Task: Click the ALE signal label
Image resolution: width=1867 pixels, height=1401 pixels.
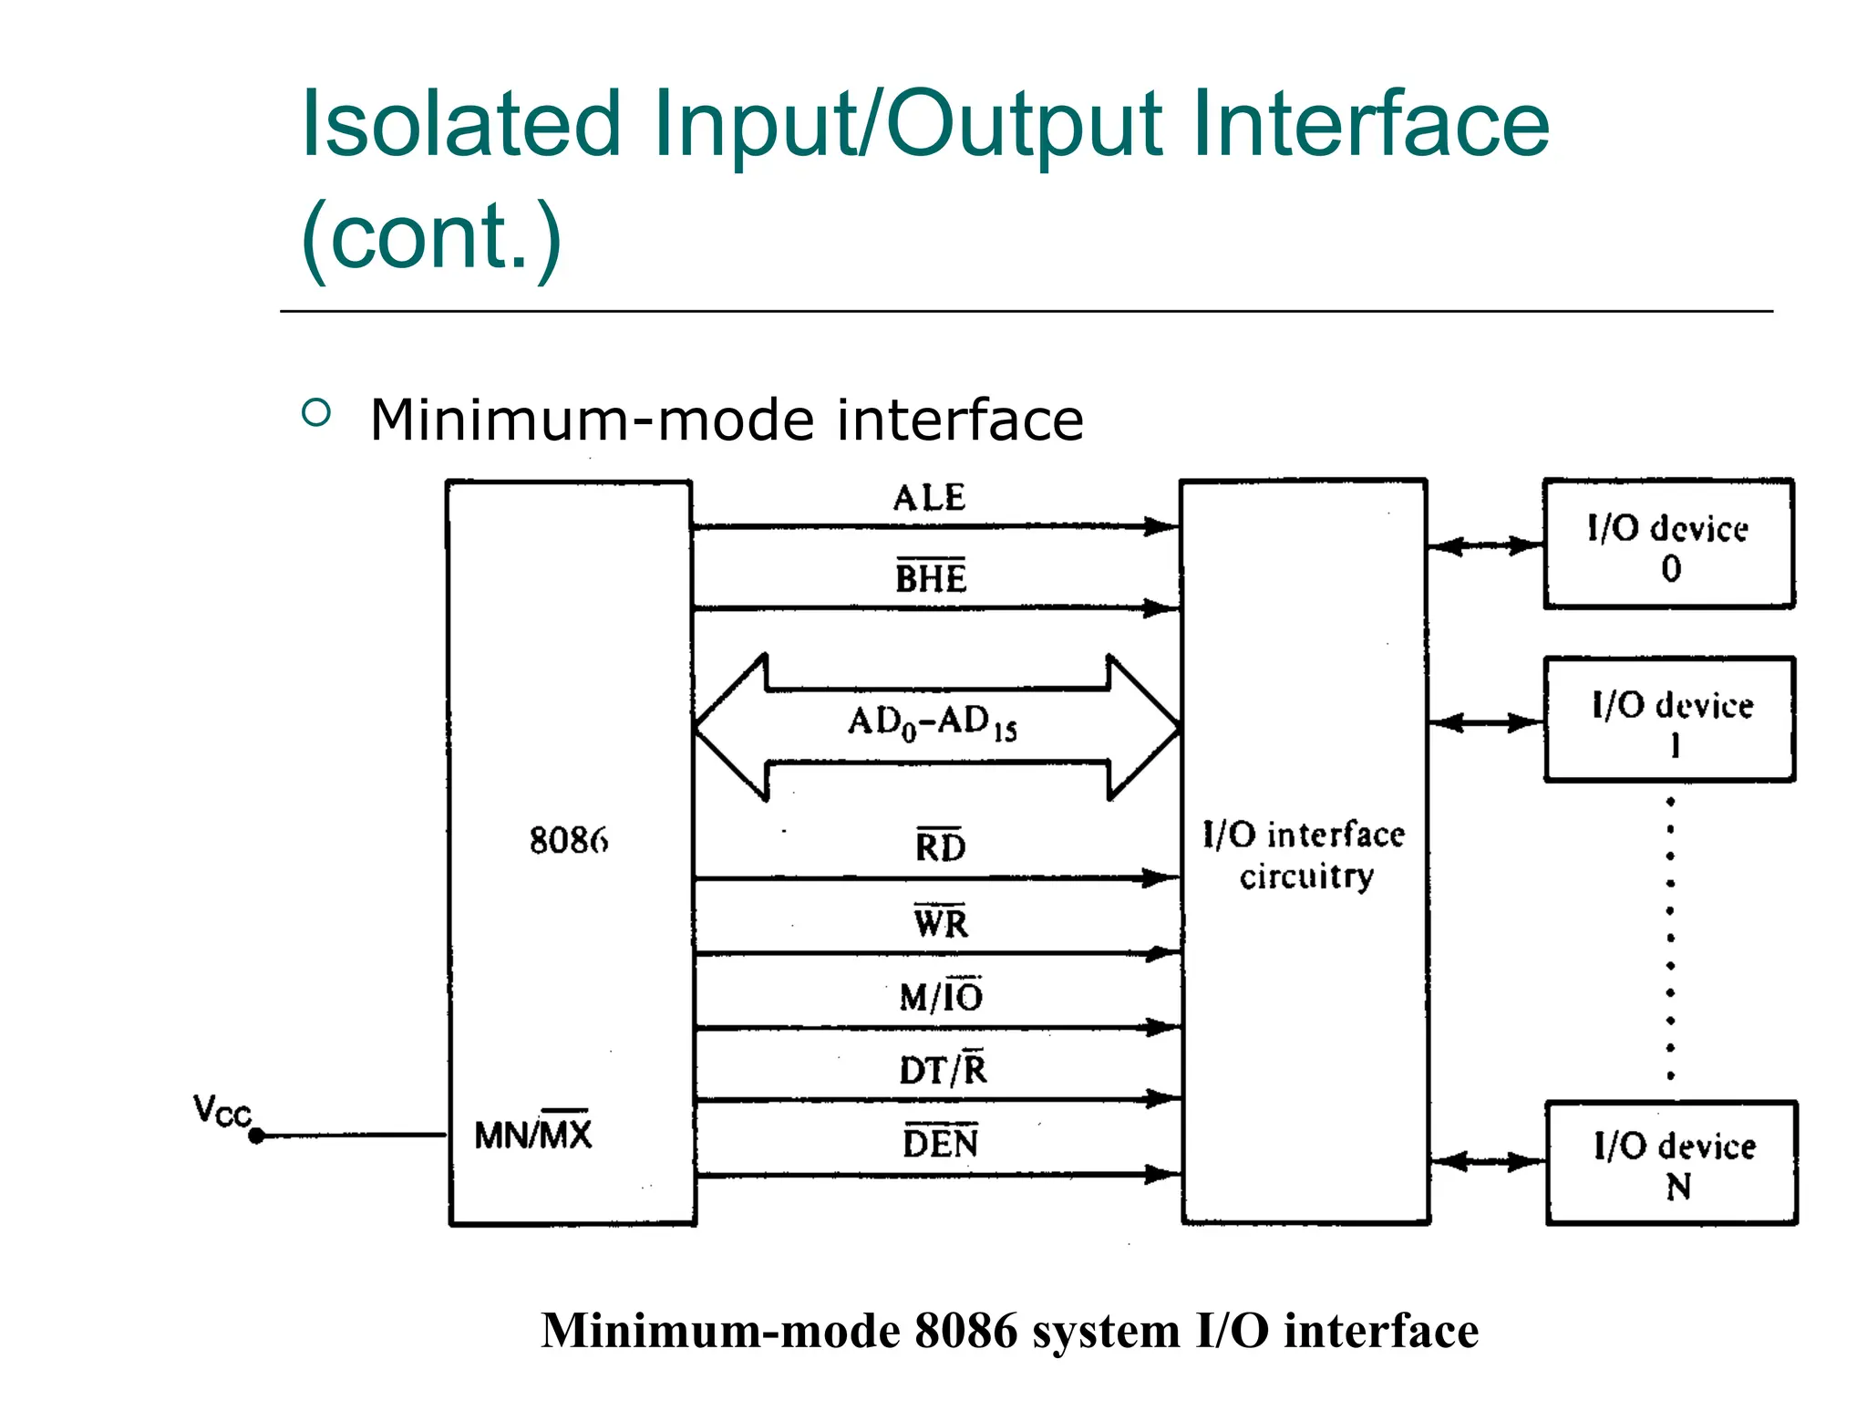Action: pos(929,498)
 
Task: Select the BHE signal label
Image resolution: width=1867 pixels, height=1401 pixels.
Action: pos(930,578)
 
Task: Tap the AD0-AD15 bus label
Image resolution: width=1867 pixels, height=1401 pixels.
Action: pos(932,724)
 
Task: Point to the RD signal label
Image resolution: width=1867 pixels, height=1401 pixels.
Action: pos(940,846)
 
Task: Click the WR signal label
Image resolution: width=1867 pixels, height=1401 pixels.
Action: pos(940,922)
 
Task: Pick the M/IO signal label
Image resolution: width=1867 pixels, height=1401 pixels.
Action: pos(941,996)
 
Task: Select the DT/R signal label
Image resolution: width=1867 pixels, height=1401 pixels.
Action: pos(943,1069)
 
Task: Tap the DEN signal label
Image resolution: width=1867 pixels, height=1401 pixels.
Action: pos(940,1143)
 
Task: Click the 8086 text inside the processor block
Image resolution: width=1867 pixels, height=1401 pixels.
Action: pos(569,840)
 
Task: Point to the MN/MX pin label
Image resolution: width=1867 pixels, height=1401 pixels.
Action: pos(533,1135)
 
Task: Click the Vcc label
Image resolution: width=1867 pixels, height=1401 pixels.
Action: pos(222,1112)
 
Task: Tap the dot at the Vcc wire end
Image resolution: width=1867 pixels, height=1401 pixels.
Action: pos(256,1136)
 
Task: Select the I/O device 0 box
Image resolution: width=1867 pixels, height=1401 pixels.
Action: pos(1668,545)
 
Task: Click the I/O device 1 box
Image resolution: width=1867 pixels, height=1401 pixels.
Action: pos(1670,720)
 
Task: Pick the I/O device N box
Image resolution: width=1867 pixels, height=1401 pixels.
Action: pos(1672,1164)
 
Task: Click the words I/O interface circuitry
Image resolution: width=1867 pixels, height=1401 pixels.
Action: pos(1305,855)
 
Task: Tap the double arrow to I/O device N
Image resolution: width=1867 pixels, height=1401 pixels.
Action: pos(1487,1162)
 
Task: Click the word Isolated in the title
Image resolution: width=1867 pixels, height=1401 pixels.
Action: pos(460,125)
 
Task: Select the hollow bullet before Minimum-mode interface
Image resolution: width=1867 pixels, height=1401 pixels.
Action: pos(316,413)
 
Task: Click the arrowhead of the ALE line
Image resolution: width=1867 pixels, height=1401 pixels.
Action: pos(1161,526)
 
